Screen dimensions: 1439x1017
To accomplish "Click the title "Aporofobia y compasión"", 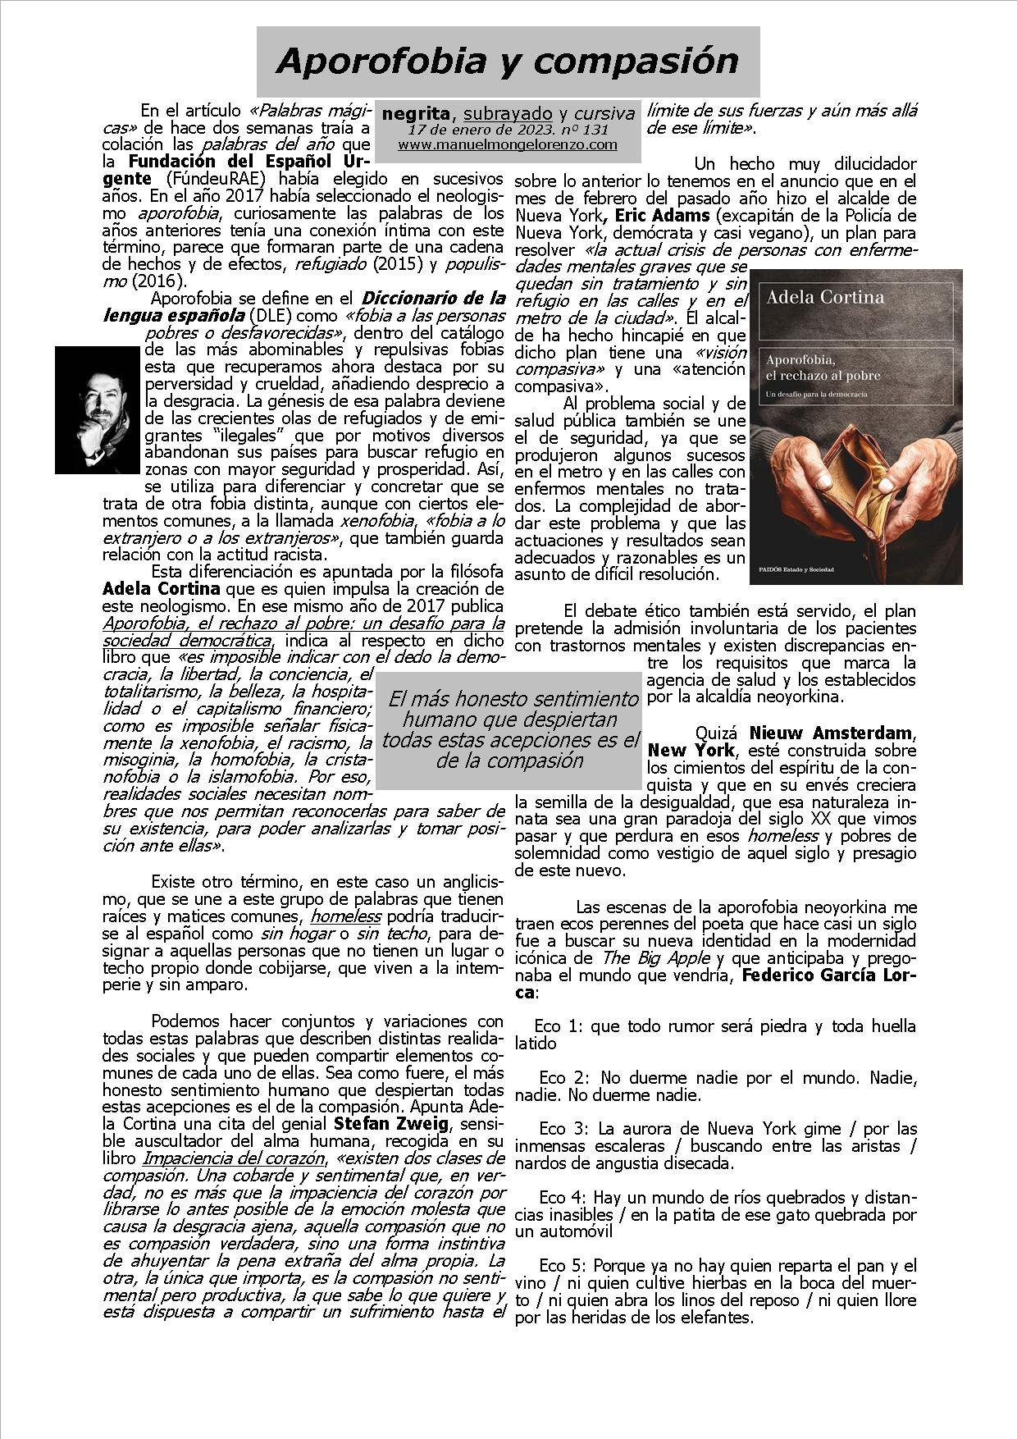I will pyautogui.click(x=508, y=62).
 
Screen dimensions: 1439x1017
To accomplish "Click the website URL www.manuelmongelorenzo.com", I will pyautogui.click(x=508, y=144).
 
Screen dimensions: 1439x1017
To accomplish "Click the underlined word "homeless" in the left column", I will pyautogui.click(x=345, y=916).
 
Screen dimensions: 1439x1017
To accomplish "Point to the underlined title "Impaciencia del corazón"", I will pyautogui.click(x=233, y=1158).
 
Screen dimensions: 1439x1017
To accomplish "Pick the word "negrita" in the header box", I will pyautogui.click(x=416, y=113).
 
